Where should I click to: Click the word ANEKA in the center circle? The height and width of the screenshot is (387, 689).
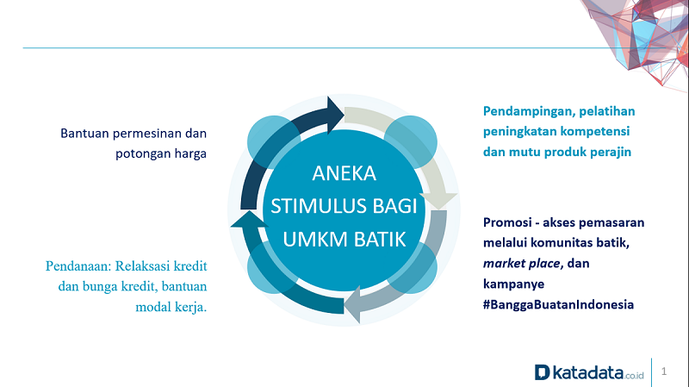coord(344,173)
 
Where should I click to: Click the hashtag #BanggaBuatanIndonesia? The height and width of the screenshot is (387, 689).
coord(558,304)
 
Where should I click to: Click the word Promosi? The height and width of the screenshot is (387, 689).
coord(509,222)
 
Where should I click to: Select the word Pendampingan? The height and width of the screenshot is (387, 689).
coord(527,111)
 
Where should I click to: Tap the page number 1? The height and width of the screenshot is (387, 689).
coord(664,371)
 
